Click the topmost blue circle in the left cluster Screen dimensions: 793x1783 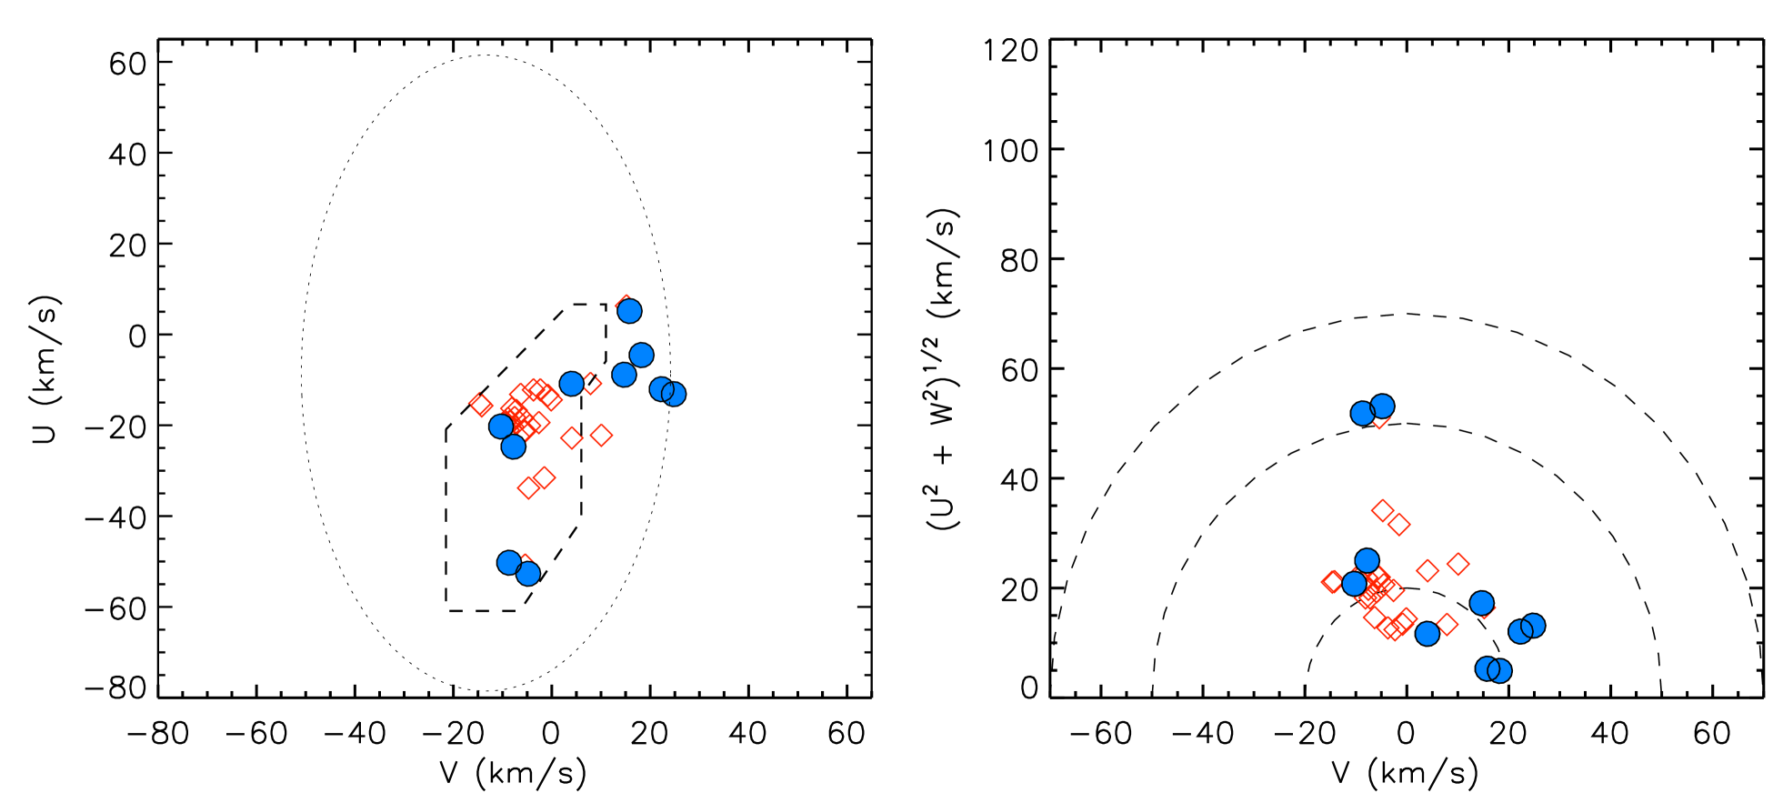click(x=629, y=311)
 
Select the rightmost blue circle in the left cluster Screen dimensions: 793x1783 click(x=674, y=394)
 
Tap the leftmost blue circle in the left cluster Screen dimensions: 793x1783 click(x=501, y=427)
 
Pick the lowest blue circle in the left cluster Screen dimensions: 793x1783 click(x=528, y=574)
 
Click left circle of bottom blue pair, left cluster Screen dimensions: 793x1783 click(x=509, y=563)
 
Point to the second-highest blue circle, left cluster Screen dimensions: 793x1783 click(x=641, y=355)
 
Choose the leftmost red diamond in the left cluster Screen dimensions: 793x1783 click(x=481, y=405)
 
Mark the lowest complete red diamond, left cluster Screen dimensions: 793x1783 click(x=529, y=487)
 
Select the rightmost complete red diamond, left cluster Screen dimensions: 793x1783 click(x=601, y=436)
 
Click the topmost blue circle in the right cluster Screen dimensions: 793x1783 click(x=1382, y=407)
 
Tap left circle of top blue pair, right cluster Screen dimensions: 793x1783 click(x=1363, y=414)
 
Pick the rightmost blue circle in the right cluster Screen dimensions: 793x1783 click(x=1533, y=626)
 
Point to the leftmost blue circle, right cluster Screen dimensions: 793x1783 click(x=1355, y=584)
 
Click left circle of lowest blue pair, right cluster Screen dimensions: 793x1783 click(x=1488, y=668)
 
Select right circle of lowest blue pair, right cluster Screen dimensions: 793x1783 click(x=1500, y=671)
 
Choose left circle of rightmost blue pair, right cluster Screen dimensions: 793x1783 click(x=1520, y=631)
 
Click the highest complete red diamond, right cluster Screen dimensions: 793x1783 click(x=1382, y=510)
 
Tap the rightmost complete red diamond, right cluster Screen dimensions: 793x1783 click(x=1458, y=564)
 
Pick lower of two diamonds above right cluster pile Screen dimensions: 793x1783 click(x=1399, y=524)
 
